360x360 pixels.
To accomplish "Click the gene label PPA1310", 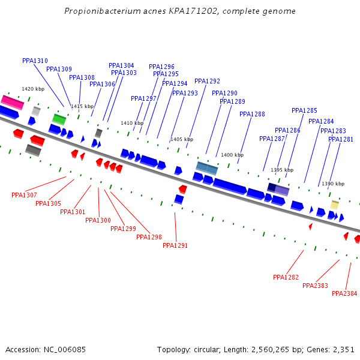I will tap(35, 61).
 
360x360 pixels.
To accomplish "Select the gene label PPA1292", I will tap(207, 82).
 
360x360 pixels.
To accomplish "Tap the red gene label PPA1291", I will tap(175, 245).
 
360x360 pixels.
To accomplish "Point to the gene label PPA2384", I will tap(344, 294).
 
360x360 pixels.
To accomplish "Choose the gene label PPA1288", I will tap(252, 115).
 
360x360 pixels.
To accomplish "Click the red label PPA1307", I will tap(24, 195).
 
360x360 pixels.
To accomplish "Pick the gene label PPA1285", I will tap(304, 111).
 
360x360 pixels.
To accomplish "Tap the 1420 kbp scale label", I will tap(33, 89).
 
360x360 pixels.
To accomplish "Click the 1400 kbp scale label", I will tap(232, 155).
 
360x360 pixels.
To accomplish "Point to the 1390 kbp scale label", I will tap(333, 184).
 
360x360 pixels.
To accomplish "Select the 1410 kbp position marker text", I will tap(132, 124).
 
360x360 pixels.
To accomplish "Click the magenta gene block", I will tap(12, 102).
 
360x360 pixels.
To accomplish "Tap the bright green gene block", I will tap(59, 119).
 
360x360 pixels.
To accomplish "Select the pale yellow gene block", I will tap(334, 205).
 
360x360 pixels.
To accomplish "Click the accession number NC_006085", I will tap(65, 349).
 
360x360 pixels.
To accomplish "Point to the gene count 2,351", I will tap(343, 349).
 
